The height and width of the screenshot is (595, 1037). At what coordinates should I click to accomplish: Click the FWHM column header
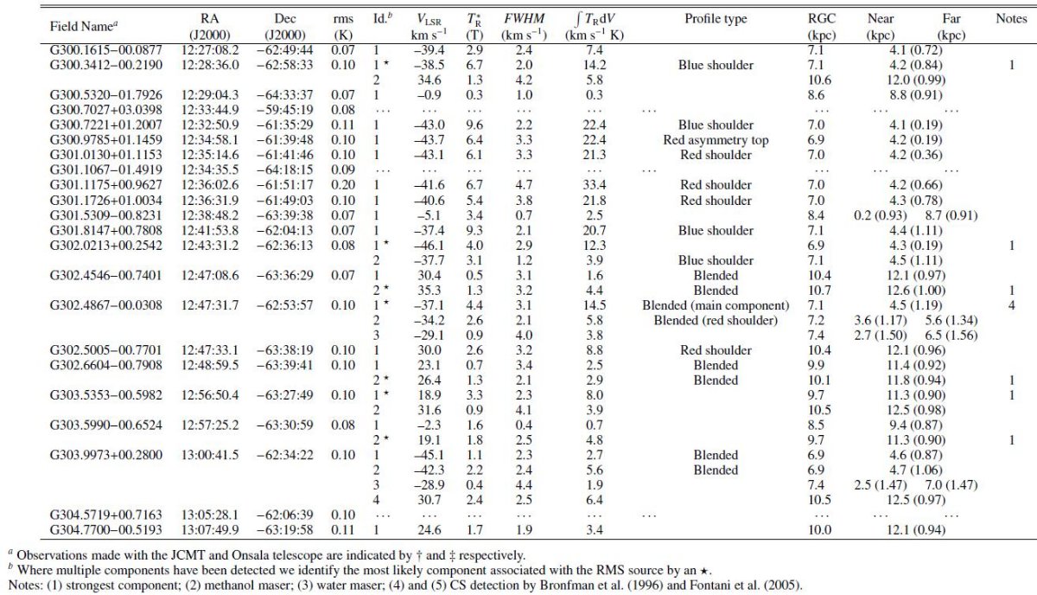[x=524, y=18]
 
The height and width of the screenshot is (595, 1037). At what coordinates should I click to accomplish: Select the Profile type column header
[x=716, y=18]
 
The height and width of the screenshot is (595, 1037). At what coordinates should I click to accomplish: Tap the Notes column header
[x=1012, y=18]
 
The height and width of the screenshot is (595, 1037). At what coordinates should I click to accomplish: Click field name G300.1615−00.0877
[x=106, y=50]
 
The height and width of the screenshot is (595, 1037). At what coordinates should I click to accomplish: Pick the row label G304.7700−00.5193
[x=106, y=529]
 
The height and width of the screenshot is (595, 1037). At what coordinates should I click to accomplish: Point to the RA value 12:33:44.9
[x=210, y=110]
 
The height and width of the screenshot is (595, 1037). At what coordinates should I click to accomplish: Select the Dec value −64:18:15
[x=284, y=170]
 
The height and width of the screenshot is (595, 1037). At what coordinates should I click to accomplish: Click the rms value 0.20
[x=343, y=185]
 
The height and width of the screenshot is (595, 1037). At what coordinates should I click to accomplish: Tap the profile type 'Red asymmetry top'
[x=716, y=140]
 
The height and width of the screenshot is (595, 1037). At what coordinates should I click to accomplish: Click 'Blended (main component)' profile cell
[x=716, y=305]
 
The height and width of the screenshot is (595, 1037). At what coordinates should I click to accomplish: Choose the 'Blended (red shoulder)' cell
[x=716, y=320]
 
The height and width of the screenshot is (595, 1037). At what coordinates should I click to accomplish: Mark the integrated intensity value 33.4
[x=595, y=185]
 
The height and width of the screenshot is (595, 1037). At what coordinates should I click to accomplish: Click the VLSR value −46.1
[x=429, y=245]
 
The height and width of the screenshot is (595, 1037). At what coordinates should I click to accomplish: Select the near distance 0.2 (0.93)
[x=881, y=215]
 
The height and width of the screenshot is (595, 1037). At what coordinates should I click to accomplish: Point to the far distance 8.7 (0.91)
[x=951, y=215]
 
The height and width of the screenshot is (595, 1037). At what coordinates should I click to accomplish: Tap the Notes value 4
[x=1012, y=305]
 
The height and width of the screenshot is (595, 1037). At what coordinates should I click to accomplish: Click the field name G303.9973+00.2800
[x=106, y=455]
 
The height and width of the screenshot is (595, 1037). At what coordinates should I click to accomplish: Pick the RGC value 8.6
[x=817, y=95]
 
